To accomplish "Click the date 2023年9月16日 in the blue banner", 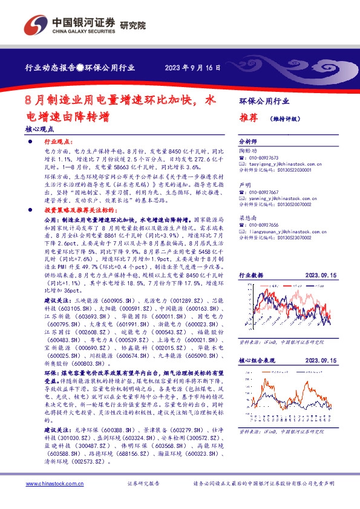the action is pyautogui.click(x=192, y=68).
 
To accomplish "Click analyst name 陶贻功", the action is pyautogui.click(x=248, y=150).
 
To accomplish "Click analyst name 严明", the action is pyautogui.click(x=244, y=184).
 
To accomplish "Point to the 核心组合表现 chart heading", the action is pyautogui.click(x=257, y=360).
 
